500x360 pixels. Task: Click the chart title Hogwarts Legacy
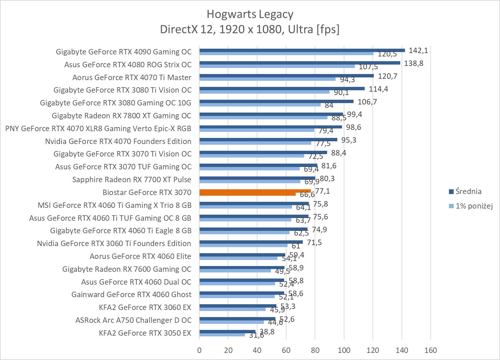[250, 14]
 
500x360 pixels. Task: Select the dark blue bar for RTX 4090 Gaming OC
[302, 50]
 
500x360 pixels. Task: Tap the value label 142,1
[418, 51]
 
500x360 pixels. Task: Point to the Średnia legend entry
[468, 192]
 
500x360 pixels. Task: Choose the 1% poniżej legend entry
[474, 206]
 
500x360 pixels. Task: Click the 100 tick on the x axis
[344, 350]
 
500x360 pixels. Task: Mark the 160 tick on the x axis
[430, 350]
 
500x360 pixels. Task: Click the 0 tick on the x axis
[199, 350]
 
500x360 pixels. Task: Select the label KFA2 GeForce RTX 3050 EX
[145, 333]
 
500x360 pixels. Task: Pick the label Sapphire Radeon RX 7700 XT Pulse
[132, 179]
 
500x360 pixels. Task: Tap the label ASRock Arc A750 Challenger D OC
[133, 320]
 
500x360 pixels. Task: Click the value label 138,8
[413, 64]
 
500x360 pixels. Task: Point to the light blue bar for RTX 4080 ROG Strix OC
[277, 66]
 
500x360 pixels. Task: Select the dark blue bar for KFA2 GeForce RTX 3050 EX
[227, 331]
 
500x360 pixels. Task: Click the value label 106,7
[367, 102]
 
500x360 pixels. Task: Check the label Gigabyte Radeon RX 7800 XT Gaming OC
[121, 116]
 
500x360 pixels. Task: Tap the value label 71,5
[314, 243]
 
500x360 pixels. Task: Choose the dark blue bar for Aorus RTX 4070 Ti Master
[286, 76]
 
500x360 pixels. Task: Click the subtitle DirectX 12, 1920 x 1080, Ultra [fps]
[250, 29]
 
